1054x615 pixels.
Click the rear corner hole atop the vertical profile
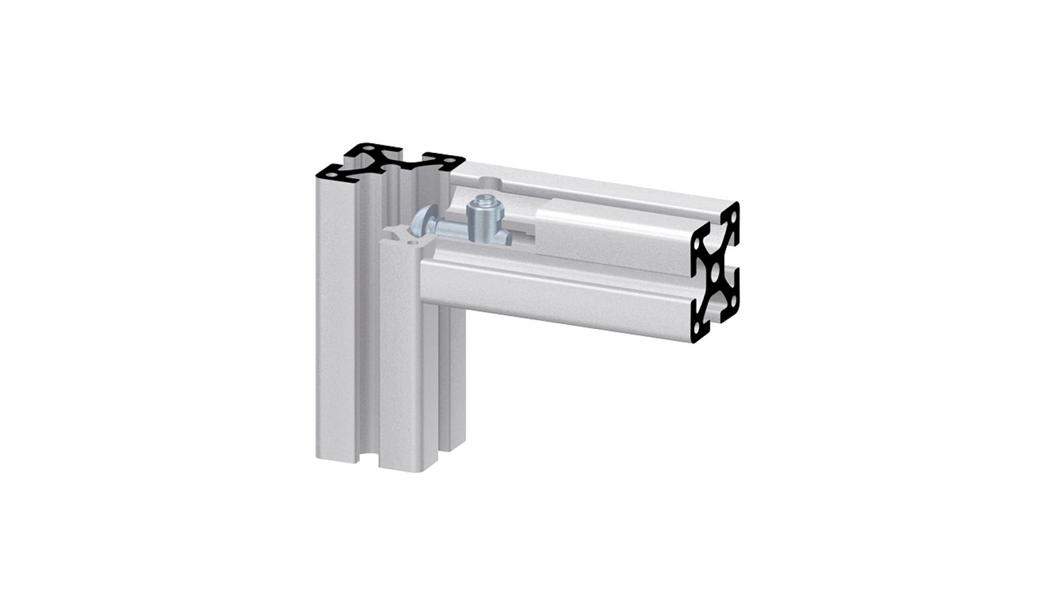pos(365,148)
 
